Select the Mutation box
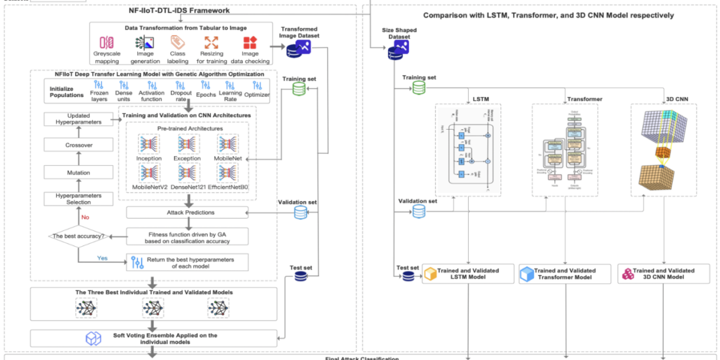tap(78, 173)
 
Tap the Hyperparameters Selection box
tap(78, 199)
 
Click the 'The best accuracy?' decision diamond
tap(78, 236)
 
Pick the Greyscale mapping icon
tap(106, 43)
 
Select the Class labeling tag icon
tap(178, 43)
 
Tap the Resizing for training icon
tap(211, 43)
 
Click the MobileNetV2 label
tap(149, 187)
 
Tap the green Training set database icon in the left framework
tap(299, 89)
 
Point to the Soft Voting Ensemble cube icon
tap(92, 338)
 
